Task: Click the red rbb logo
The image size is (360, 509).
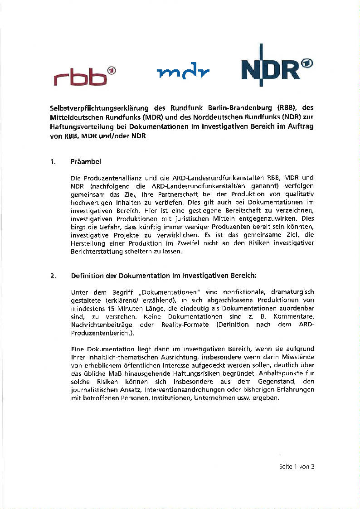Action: click(84, 77)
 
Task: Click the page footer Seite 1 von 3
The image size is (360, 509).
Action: click(297, 466)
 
